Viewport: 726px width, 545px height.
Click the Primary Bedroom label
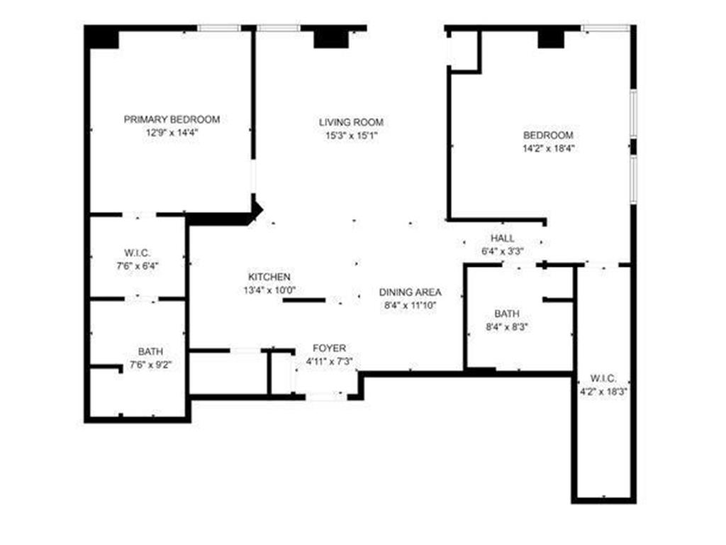point(172,119)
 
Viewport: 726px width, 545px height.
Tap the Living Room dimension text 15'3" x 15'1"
point(351,136)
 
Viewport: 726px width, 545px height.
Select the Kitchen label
point(269,276)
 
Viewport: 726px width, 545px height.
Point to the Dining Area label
point(410,292)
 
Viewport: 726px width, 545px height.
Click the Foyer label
point(330,348)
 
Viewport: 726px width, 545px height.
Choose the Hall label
point(503,238)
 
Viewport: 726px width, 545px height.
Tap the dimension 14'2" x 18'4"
point(548,149)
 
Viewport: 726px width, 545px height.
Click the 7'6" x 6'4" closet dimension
point(138,267)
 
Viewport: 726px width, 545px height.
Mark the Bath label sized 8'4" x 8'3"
point(507,313)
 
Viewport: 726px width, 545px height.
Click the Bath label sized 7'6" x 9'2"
point(150,351)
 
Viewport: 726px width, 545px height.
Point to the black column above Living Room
point(327,38)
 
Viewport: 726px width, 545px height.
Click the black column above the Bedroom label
point(550,38)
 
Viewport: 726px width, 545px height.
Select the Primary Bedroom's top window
point(219,28)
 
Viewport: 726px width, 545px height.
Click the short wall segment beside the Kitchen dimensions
point(304,300)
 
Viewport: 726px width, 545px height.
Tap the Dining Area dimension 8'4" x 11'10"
point(410,305)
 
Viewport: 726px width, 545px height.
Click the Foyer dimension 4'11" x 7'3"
point(330,361)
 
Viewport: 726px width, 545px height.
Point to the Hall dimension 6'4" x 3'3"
point(503,251)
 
